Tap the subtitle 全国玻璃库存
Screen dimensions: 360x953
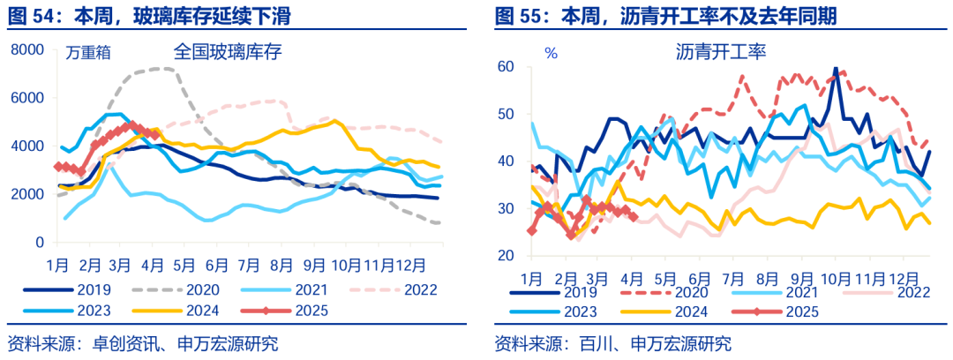click(x=227, y=51)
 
